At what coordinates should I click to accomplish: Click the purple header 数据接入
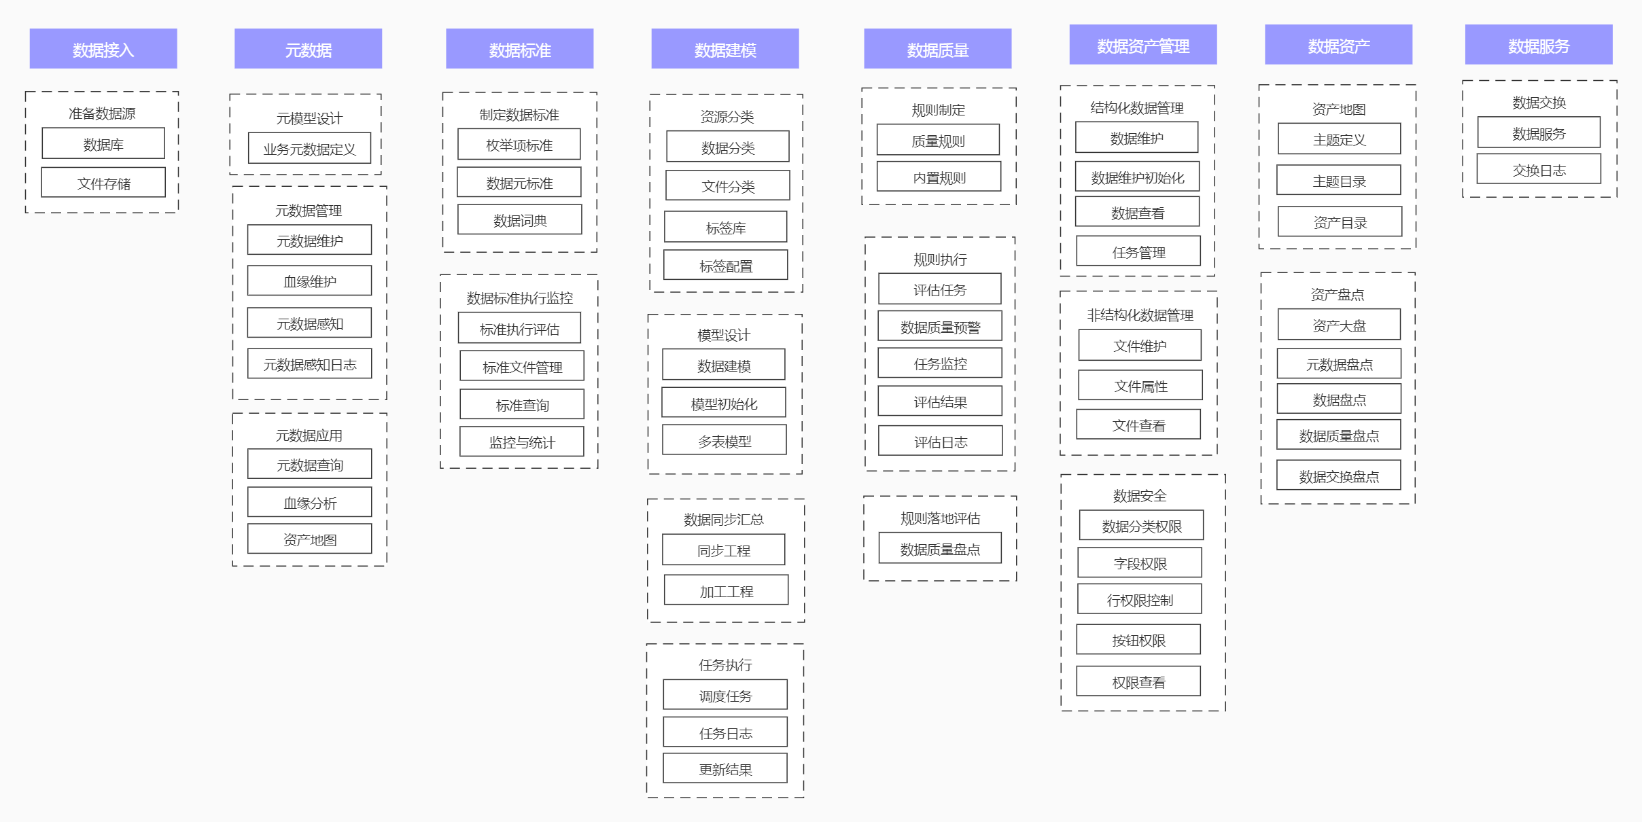(x=103, y=49)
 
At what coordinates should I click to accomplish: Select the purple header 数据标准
(x=520, y=49)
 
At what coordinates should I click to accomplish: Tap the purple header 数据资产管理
(x=1143, y=46)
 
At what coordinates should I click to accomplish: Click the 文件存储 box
(x=103, y=183)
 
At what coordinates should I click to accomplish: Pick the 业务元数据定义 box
(x=309, y=148)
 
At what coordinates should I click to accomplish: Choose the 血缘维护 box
(x=309, y=281)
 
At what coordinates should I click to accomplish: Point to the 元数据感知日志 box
(x=309, y=364)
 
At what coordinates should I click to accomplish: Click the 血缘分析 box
(x=309, y=503)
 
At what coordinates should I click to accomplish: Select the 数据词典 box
(x=520, y=220)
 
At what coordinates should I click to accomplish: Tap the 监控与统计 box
(x=522, y=442)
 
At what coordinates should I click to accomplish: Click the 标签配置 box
(x=726, y=266)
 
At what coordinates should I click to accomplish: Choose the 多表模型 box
(x=724, y=441)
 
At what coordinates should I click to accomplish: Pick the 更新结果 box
(x=725, y=769)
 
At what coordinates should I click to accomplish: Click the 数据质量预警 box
(x=940, y=327)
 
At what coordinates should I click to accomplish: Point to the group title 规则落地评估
(x=940, y=518)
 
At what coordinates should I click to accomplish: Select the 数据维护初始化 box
(x=1137, y=177)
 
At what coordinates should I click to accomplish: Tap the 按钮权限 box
(x=1138, y=640)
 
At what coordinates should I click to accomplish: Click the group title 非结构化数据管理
(x=1140, y=315)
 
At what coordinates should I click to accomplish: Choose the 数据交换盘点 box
(x=1339, y=476)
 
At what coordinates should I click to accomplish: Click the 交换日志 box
(x=1539, y=170)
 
